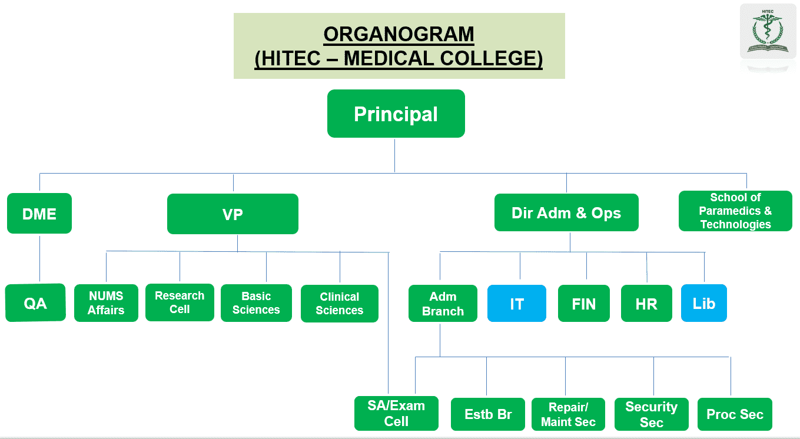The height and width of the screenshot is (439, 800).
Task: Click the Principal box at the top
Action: pos(396,114)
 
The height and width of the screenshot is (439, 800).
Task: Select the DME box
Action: pos(39,214)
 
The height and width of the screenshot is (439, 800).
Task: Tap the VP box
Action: pos(233,214)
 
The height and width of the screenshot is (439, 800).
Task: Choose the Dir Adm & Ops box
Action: pos(566,213)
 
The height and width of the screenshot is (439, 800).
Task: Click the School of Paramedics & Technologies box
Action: pos(735,211)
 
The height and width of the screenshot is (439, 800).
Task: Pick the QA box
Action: pos(35,303)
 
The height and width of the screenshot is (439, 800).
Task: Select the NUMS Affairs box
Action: pos(106,303)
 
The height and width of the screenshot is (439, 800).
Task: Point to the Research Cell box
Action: pos(180,302)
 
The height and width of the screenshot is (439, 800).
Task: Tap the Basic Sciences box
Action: pos(256,303)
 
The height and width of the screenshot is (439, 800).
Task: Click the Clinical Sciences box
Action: pos(339,304)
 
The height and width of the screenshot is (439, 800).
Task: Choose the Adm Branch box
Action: pos(443,304)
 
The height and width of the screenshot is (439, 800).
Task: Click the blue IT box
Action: pos(516,304)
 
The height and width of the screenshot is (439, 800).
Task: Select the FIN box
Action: pos(583,304)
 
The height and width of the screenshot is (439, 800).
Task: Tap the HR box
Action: pos(646,304)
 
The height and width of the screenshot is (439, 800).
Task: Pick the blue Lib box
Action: pos(703,303)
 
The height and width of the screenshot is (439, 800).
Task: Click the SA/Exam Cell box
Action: pos(396,413)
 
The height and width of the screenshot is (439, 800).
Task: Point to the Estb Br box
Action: pos(488,414)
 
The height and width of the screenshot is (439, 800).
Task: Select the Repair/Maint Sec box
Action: pos(568,414)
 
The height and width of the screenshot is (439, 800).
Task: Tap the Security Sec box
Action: pos(651,414)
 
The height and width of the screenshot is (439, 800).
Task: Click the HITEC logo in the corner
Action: pos(767,32)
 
